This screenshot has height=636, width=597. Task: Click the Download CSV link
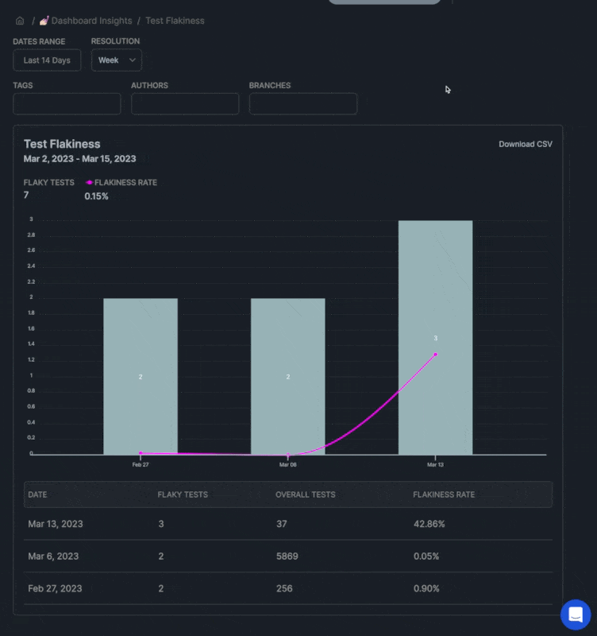tap(526, 144)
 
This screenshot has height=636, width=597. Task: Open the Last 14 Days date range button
tap(47, 60)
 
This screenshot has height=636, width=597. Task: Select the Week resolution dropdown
tap(116, 60)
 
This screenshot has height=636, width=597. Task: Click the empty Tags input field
tap(67, 104)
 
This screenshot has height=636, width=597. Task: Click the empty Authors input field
tap(185, 104)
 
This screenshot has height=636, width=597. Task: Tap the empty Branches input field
tap(303, 104)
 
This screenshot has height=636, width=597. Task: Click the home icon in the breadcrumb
tap(20, 21)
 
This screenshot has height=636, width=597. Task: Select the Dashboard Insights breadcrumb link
tap(91, 21)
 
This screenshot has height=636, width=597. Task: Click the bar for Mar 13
tap(435, 337)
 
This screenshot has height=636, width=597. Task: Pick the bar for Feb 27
tap(141, 376)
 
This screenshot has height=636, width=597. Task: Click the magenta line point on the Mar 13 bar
tap(435, 355)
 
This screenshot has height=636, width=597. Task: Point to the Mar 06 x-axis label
tap(287, 464)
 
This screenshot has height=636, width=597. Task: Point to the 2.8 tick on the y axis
tap(31, 235)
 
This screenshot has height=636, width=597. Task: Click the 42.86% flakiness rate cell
tap(429, 524)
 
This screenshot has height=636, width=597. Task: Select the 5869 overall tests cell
tap(287, 556)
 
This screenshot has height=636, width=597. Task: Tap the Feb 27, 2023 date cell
tap(55, 588)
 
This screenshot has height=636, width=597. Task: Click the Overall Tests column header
tap(306, 494)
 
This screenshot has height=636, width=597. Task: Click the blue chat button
tap(576, 615)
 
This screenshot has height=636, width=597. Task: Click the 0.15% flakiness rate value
tap(96, 196)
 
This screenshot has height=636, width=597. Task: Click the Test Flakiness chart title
tap(62, 144)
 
